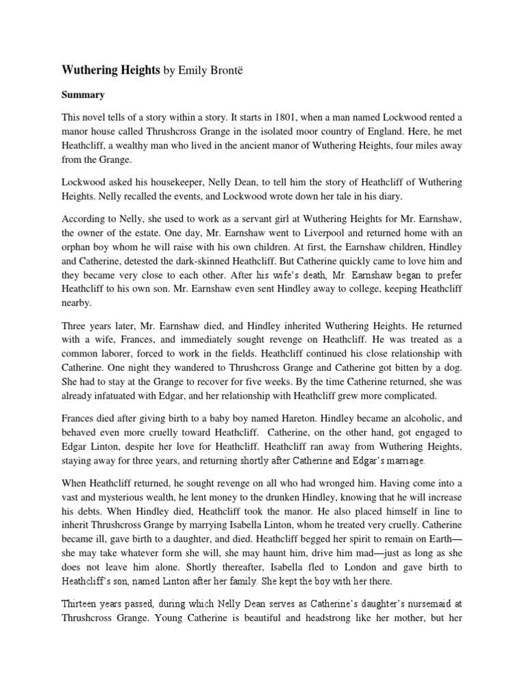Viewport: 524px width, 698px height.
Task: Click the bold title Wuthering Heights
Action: (x=111, y=70)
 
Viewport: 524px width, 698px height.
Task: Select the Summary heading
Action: (x=83, y=95)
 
